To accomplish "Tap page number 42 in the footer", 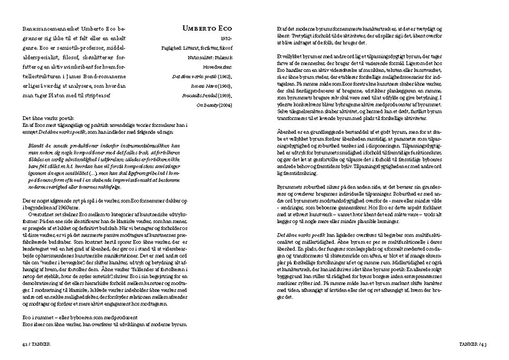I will [x=24, y=343].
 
